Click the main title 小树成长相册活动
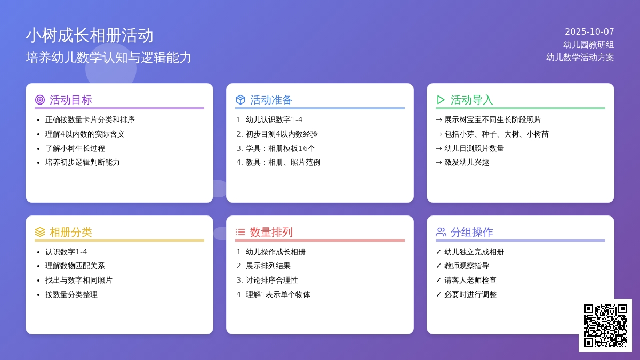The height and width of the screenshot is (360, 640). [x=90, y=35]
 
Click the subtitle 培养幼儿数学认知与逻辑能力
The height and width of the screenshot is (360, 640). [x=108, y=58]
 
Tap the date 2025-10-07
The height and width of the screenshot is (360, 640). [x=589, y=32]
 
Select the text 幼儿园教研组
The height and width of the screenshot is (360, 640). [x=588, y=45]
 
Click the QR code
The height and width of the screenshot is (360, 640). [x=605, y=325]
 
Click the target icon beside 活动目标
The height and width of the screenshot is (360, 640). [x=40, y=100]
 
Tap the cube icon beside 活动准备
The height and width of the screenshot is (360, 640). [x=241, y=100]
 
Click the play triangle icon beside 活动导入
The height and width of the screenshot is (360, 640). [x=441, y=100]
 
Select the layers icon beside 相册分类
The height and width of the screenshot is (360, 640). [x=40, y=232]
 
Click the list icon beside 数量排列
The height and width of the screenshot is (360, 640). [x=241, y=232]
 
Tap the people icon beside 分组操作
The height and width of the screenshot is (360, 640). [x=441, y=232]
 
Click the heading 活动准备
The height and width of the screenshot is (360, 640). [x=271, y=100]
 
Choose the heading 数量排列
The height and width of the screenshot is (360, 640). [x=271, y=232]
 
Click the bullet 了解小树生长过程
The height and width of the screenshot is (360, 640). [x=75, y=148]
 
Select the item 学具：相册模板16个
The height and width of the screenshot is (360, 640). [x=280, y=148]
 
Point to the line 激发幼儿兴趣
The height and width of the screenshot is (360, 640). [x=466, y=162]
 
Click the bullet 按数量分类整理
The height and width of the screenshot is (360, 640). [x=71, y=294]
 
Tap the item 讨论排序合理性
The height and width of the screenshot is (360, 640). [x=271, y=280]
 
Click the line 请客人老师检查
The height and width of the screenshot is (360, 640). [x=470, y=280]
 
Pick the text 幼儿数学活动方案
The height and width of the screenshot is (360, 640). [x=580, y=58]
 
